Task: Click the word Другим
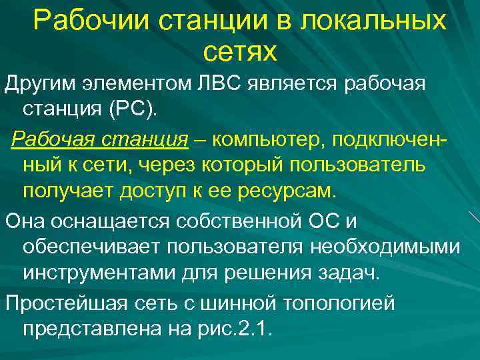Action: (40, 84)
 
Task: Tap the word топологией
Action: (339, 303)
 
